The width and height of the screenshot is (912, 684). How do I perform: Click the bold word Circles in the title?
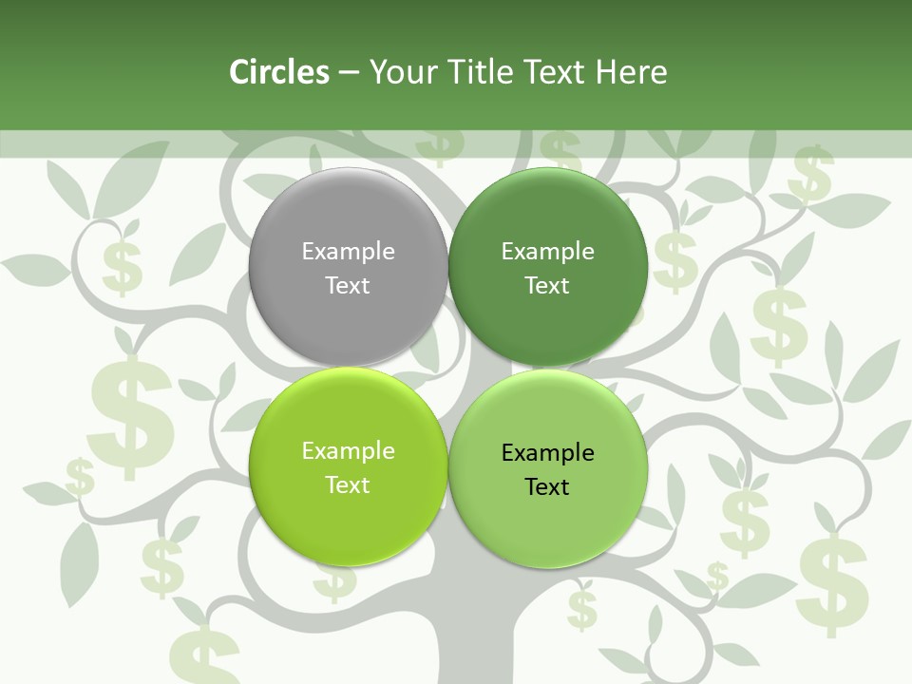click(279, 72)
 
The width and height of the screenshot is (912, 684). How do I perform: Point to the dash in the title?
click(349, 73)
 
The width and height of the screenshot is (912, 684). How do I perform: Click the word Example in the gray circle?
click(348, 252)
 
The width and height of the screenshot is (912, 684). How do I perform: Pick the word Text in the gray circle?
click(348, 285)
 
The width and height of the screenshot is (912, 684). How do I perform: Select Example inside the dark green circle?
click(547, 252)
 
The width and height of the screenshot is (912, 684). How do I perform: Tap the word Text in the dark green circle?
click(547, 285)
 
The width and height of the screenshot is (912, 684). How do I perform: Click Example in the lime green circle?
click(348, 451)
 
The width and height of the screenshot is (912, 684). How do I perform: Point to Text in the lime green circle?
click(348, 484)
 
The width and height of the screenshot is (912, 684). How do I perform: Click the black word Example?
click(547, 453)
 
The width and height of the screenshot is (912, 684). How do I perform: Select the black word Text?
click(547, 487)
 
